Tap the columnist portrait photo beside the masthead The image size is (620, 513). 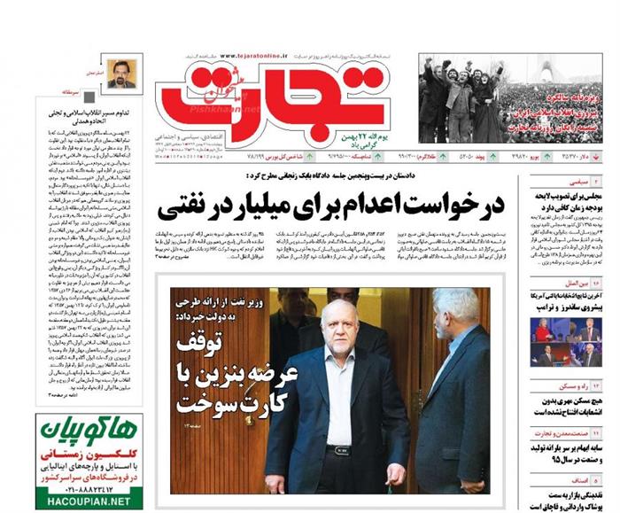[x=120, y=74]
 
